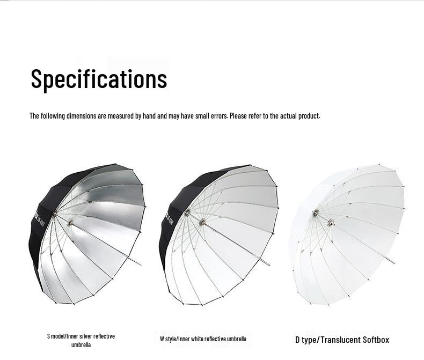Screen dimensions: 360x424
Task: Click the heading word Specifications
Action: point(99,78)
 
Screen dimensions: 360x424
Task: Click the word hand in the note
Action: point(149,116)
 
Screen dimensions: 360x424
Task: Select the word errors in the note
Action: point(218,116)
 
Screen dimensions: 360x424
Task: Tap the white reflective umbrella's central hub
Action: point(202,222)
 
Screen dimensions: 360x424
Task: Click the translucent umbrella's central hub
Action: point(331,222)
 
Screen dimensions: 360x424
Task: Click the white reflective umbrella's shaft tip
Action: point(268,265)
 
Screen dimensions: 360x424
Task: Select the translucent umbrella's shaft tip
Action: point(393,263)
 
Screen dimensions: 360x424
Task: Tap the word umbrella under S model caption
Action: point(81,345)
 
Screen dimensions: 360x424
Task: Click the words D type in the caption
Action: point(306,340)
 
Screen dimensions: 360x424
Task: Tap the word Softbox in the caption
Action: point(376,340)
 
